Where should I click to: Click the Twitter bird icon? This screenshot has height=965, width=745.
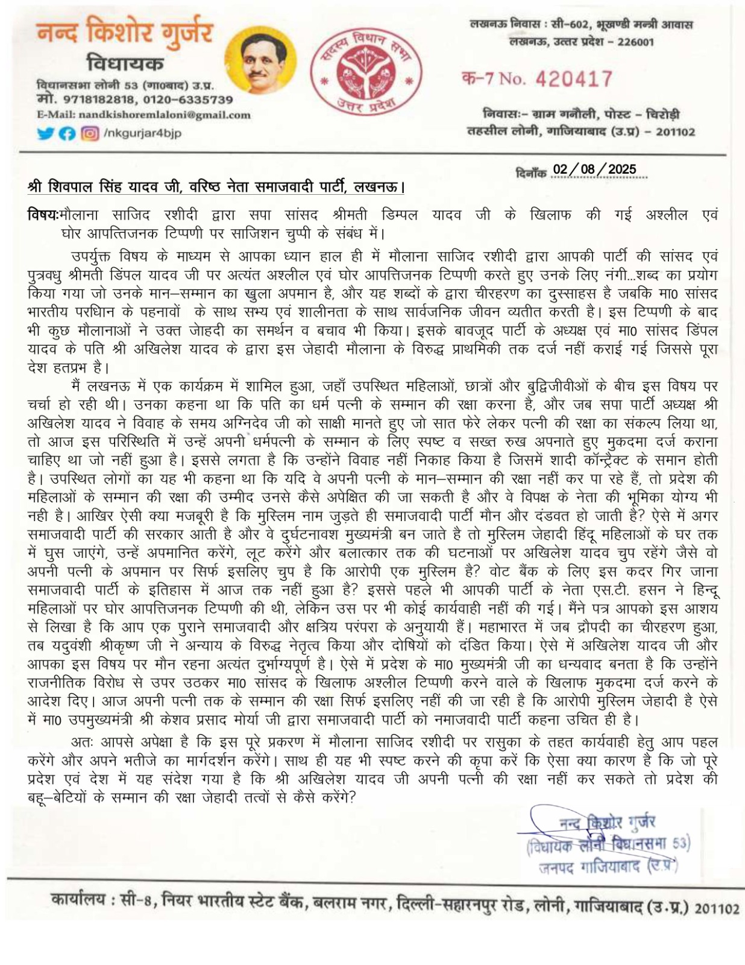pos(45,134)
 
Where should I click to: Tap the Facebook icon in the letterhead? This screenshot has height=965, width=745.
pos(68,134)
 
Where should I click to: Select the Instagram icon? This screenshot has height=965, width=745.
pos(90,134)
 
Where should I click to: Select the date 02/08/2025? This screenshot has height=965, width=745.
pos(594,169)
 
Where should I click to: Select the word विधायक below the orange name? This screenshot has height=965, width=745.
pos(124,63)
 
